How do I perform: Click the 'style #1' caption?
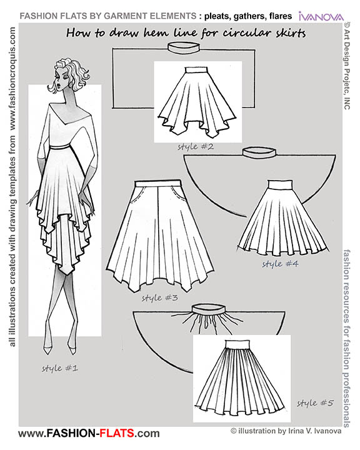point(59,368)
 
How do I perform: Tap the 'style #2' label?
point(178,147)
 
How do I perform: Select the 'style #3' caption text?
point(161,297)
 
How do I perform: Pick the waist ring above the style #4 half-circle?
point(256,152)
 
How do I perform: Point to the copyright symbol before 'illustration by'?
point(233,431)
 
